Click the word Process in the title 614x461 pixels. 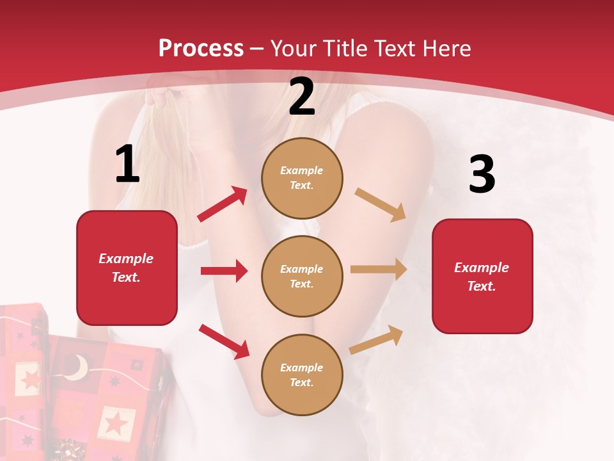(201, 49)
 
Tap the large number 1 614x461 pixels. (127, 165)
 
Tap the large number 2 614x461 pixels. (302, 97)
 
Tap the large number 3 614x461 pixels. (482, 175)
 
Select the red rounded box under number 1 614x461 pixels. (127, 268)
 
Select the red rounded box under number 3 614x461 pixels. (482, 277)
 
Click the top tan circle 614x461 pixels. (302, 178)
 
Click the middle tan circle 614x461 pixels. (302, 276)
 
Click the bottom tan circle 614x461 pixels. (302, 375)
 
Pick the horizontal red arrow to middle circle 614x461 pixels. (224, 271)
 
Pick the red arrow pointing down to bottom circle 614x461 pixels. (224, 341)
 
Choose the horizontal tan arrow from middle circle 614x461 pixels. (379, 270)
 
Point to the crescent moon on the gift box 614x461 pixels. (78, 367)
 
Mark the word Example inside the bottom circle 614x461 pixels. (302, 368)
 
